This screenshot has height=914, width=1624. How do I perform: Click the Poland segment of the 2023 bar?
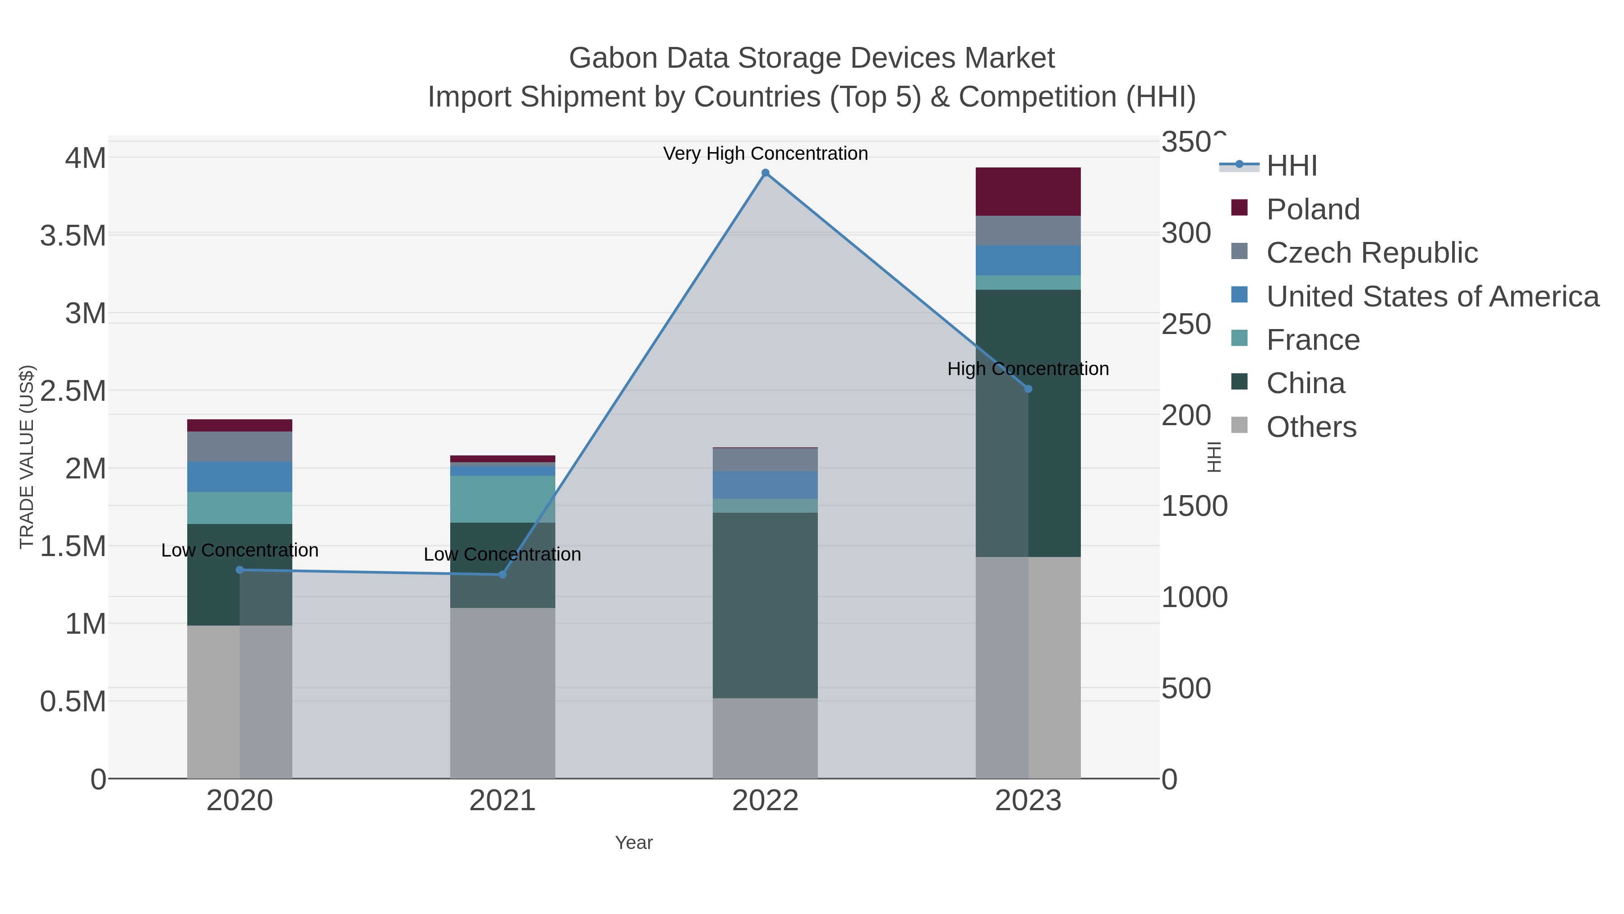click(x=1028, y=192)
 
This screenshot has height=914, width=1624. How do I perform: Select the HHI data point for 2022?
click(x=766, y=173)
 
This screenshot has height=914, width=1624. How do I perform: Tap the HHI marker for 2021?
click(x=503, y=575)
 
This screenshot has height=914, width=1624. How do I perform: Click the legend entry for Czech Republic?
click(x=1371, y=253)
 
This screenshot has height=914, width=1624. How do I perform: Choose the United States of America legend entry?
click(x=1432, y=297)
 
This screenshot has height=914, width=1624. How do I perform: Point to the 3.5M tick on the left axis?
click(x=73, y=236)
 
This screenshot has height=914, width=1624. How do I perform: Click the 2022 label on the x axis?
click(x=766, y=801)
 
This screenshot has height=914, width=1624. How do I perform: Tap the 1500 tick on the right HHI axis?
click(x=1194, y=506)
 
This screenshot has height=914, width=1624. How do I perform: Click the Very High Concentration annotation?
click(x=766, y=154)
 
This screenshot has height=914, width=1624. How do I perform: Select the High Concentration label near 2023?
click(x=1028, y=369)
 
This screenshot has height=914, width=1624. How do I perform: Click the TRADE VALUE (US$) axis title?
click(x=27, y=457)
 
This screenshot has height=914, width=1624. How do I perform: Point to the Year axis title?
click(x=634, y=843)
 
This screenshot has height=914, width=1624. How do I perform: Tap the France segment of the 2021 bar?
click(x=503, y=499)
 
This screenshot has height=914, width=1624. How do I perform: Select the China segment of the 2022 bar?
click(x=766, y=606)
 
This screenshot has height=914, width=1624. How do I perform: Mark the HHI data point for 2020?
click(x=240, y=570)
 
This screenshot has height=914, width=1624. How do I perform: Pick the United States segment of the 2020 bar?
click(x=240, y=477)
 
